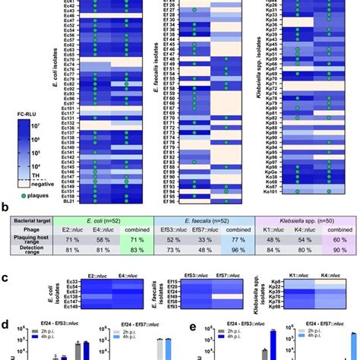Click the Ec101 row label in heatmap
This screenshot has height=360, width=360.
pyautogui.click(x=69, y=107)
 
